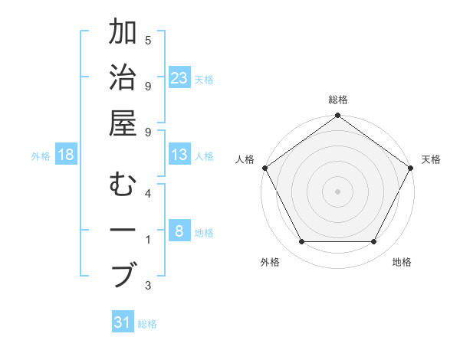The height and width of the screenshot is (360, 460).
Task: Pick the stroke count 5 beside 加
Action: tap(148, 39)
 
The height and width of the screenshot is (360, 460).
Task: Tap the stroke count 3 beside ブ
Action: tap(148, 286)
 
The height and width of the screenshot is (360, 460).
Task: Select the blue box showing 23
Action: tap(179, 78)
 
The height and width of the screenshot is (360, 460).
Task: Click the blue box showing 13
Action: tap(179, 155)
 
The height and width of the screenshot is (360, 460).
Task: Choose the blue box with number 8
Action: tap(179, 231)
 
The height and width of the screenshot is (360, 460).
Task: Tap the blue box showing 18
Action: tap(66, 155)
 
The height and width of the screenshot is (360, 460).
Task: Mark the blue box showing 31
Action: tap(123, 322)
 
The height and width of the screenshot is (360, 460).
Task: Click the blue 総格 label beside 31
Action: tap(147, 324)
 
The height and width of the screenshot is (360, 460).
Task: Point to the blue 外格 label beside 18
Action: tap(41, 156)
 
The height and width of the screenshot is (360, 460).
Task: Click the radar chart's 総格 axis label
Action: tap(338, 100)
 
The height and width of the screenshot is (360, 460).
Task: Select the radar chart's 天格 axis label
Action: tap(431, 159)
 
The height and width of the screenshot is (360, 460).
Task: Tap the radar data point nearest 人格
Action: tap(265, 168)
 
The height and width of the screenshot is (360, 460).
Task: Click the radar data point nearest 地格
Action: tap(374, 242)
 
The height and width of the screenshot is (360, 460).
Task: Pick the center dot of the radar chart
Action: tap(338, 191)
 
